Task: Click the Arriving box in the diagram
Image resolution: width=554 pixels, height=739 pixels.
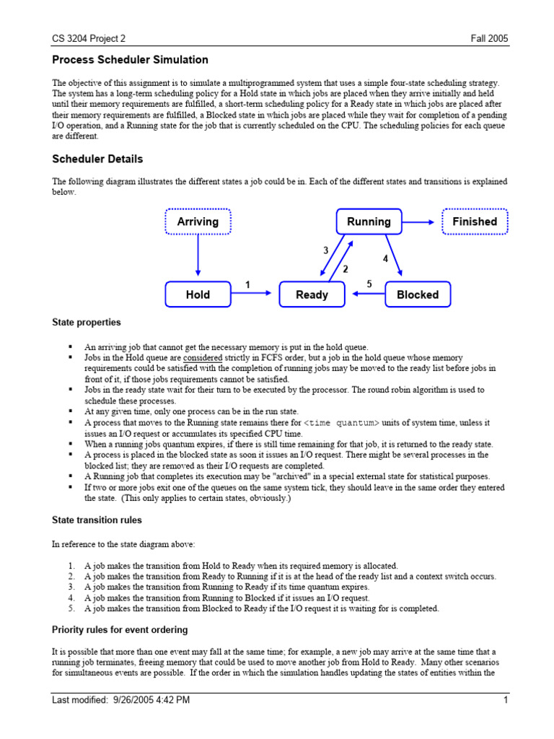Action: (x=198, y=222)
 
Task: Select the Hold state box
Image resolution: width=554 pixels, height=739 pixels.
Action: (x=198, y=294)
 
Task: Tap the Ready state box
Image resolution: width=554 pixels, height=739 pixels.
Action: (x=312, y=294)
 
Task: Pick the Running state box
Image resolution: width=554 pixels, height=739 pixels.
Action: (x=369, y=222)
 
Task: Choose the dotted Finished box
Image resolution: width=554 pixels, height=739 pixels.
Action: (x=475, y=222)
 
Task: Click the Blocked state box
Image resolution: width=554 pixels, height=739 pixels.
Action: (x=418, y=294)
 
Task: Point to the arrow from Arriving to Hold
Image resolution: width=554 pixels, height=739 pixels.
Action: (x=198, y=258)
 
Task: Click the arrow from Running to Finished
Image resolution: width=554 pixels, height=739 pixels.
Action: (x=421, y=222)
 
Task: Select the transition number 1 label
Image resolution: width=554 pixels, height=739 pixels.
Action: (x=247, y=285)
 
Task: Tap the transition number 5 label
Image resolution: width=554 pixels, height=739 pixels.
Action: (x=369, y=284)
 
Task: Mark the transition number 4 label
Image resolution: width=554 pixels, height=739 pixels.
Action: (x=385, y=258)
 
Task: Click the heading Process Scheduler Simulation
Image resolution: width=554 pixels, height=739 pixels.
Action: (x=130, y=60)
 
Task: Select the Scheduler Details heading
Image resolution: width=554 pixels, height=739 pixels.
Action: (x=97, y=159)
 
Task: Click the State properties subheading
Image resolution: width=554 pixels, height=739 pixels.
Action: (x=87, y=322)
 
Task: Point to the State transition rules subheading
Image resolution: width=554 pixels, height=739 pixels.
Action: (x=97, y=519)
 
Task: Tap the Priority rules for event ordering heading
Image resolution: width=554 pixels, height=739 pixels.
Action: (x=120, y=629)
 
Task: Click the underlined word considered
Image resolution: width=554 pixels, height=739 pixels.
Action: (x=203, y=358)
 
